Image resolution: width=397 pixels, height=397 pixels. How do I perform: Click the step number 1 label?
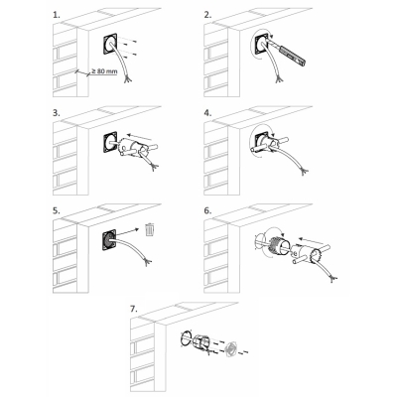pos(57,15)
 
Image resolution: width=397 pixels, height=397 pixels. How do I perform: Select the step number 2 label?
pos(207,15)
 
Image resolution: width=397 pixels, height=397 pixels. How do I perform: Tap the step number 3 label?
pos(57,113)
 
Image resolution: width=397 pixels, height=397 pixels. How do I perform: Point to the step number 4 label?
pos(207,113)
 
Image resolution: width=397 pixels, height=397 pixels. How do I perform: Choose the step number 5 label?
pos(57,210)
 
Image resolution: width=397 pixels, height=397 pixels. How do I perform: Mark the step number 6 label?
pos(207,210)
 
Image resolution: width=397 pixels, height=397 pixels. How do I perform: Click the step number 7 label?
pos(133,309)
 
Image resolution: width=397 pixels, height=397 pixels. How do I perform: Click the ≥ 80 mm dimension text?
pos(104,70)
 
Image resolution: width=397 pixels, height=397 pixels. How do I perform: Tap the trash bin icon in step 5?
pos(150,229)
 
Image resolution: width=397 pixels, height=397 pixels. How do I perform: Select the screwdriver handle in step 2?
pos(293,55)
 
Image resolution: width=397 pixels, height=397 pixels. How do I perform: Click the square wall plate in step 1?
pos(111,44)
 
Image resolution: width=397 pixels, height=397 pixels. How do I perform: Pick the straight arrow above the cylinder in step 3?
pos(140,137)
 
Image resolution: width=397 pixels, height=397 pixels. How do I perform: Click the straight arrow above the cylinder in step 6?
pos(311,240)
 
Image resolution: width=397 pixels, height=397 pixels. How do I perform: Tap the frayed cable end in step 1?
pos(126,79)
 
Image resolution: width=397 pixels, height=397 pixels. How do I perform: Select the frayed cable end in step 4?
pos(304,171)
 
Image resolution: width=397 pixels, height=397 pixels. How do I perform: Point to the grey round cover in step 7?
pos(230,349)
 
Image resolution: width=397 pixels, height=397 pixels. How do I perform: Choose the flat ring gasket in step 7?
pos(186,338)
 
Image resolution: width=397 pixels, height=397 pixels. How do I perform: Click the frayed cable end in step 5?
pos(147,263)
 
